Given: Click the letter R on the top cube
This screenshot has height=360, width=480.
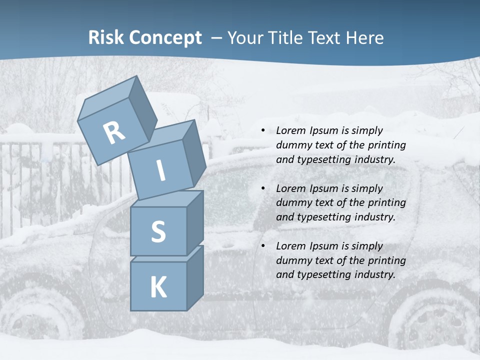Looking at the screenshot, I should [114, 133].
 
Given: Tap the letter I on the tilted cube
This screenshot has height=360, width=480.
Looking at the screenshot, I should [160, 170].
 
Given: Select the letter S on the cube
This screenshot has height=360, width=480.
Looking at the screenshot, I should [158, 232].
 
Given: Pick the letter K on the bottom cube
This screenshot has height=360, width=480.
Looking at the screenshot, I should [158, 287].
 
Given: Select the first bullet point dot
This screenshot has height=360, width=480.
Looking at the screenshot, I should [263, 130].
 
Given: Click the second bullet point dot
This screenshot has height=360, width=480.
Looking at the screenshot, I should [263, 188].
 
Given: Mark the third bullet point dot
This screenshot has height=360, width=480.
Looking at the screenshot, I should [263, 246].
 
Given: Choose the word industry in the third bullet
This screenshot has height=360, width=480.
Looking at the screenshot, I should [375, 274].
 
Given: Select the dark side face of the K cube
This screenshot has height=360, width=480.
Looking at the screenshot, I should [195, 277].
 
